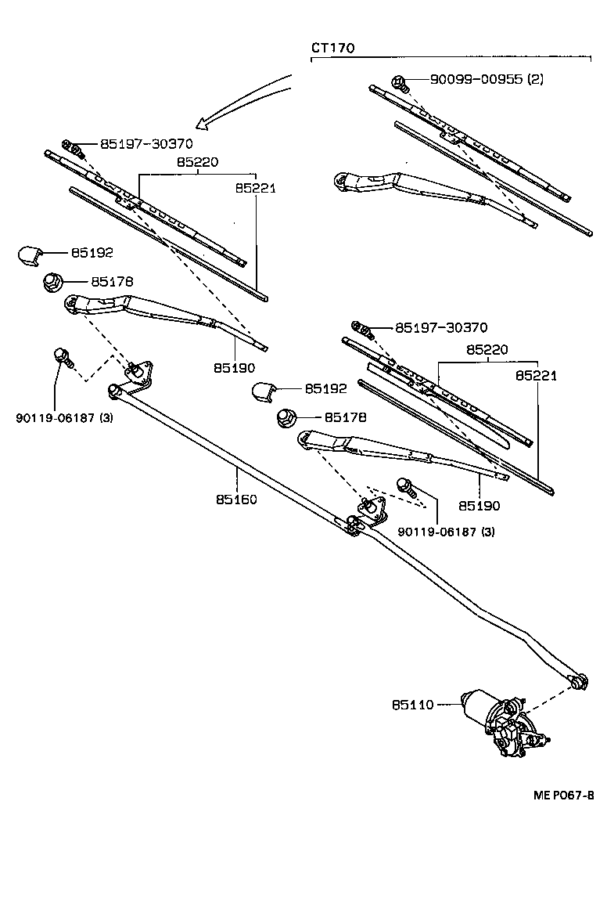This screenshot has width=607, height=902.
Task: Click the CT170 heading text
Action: click(x=333, y=48)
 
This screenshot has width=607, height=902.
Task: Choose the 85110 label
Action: click(x=412, y=705)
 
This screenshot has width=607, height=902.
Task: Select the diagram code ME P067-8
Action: click(x=563, y=795)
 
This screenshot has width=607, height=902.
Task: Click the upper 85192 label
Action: click(x=92, y=253)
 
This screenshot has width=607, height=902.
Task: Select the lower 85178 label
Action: click(x=345, y=418)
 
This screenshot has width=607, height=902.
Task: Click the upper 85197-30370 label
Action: click(x=146, y=144)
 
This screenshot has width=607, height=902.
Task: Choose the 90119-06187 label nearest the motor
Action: click(x=446, y=532)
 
